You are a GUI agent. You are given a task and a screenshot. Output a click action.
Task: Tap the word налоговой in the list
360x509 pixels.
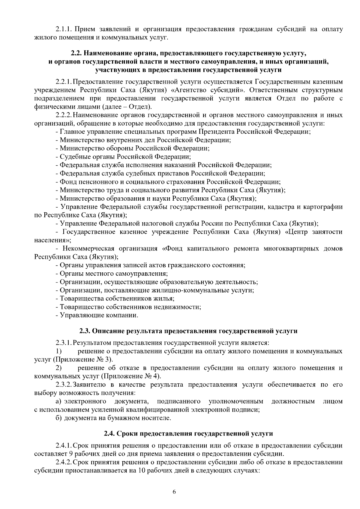pos(156,223)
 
